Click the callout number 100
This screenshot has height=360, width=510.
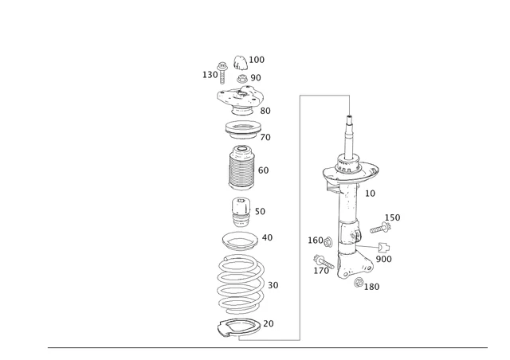[x=257, y=60]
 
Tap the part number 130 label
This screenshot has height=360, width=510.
[x=210, y=75]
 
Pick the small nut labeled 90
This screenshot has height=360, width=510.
[x=240, y=78]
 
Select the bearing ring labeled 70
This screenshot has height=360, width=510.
[x=239, y=129]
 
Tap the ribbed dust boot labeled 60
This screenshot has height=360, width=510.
[x=239, y=169]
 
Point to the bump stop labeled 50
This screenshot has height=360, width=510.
[x=239, y=213]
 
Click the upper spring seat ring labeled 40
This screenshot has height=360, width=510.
[x=239, y=240]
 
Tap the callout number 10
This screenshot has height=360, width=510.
[x=370, y=194]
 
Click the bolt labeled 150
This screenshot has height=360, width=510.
[x=377, y=229]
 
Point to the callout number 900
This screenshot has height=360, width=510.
[x=383, y=259]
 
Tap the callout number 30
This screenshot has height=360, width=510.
[x=273, y=285]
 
